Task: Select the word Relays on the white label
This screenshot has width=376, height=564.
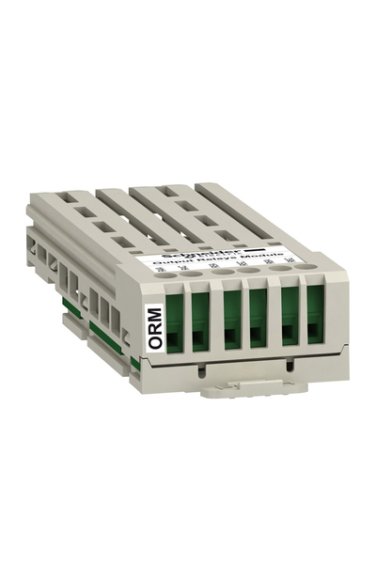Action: (x=225, y=269)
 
